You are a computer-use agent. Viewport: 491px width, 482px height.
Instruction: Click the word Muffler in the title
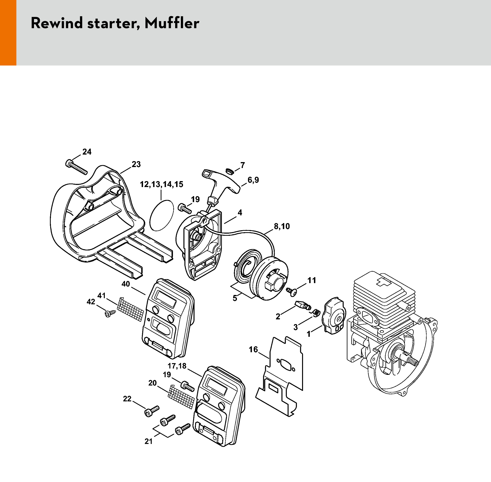coord(172,23)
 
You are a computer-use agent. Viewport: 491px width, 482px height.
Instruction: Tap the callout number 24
coord(87,152)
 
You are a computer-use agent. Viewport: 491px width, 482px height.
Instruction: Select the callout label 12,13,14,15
coord(161,184)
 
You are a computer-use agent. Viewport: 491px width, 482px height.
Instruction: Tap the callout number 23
coord(136,164)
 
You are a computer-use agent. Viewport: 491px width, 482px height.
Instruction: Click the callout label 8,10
coord(282,226)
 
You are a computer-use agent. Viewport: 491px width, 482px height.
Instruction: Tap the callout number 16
coord(253,350)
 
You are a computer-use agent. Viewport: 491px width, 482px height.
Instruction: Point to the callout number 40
coord(125,284)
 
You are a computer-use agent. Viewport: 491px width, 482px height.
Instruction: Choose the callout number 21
coord(148,442)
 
